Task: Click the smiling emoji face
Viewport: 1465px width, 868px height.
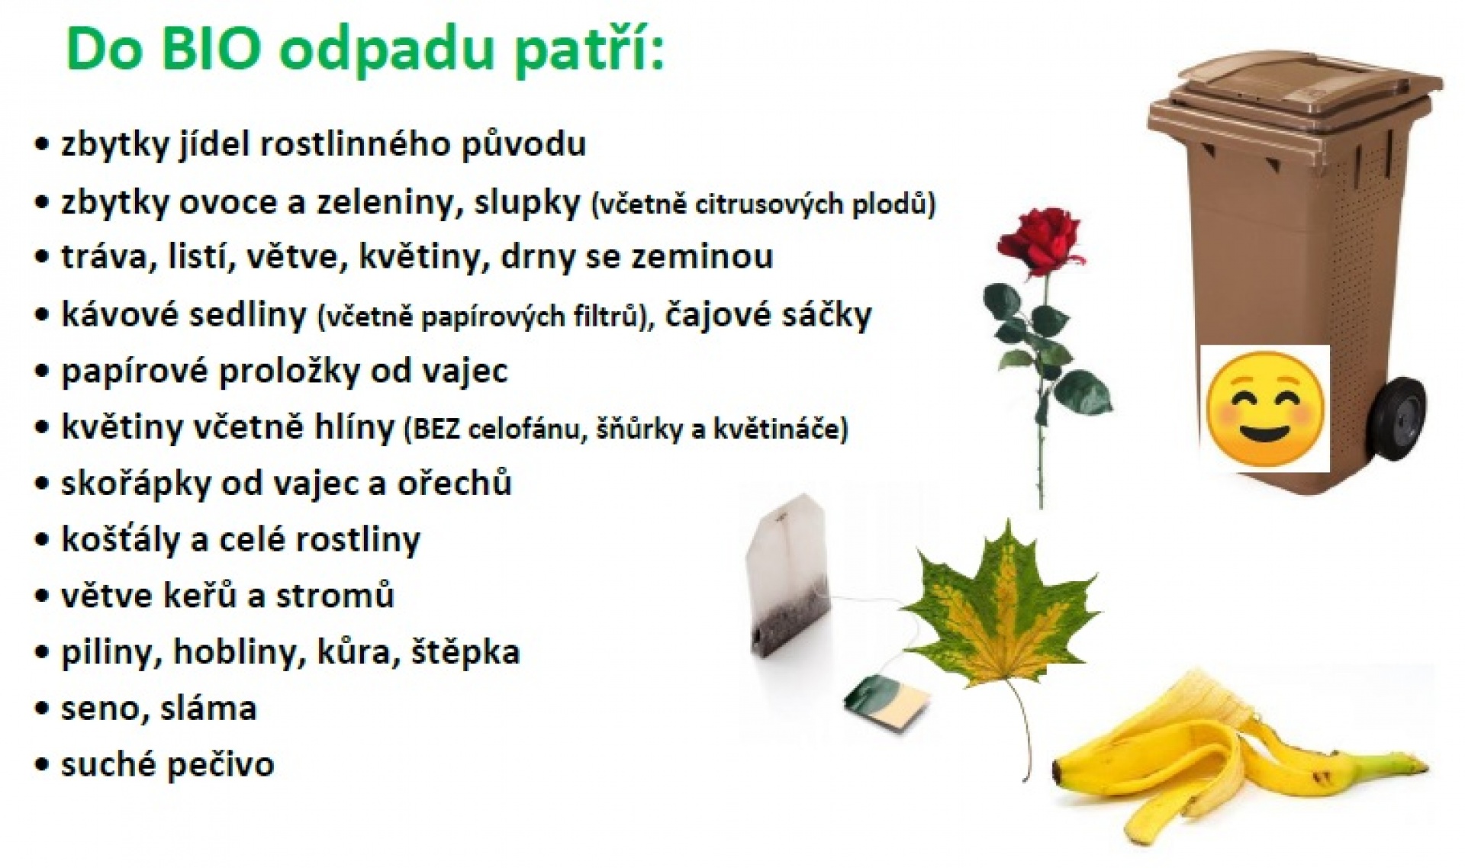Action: pos(1266,408)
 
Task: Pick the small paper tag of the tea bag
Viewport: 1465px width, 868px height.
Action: pos(887,699)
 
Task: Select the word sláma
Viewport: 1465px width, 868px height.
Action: pos(208,709)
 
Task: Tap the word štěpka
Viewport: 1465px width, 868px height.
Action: pos(465,653)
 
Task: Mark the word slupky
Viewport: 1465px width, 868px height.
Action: pos(527,203)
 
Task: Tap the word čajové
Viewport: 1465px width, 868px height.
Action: pos(720,315)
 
